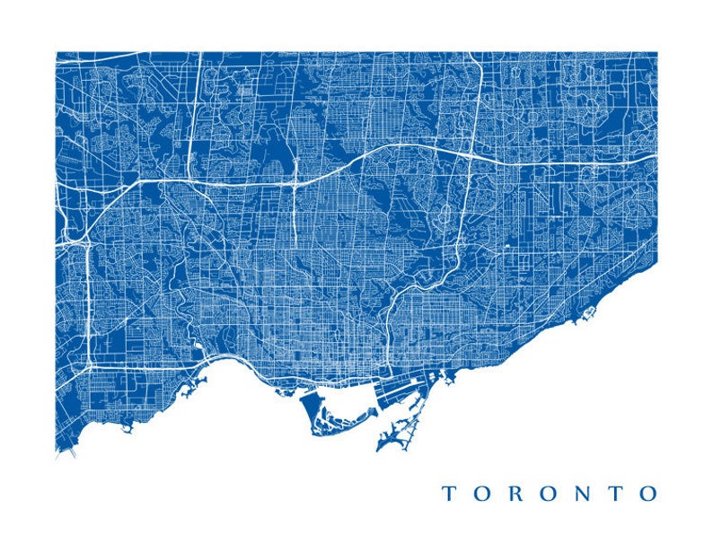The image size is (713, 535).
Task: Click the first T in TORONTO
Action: point(447,493)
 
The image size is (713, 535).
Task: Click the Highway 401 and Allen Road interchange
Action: point(295,180)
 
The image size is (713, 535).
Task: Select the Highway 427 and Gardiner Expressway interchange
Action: point(90,364)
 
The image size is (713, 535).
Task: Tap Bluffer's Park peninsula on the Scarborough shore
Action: point(588,313)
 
